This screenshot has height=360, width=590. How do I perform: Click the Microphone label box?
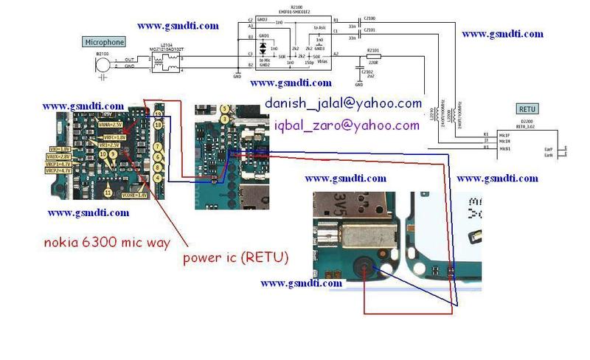(x=104, y=42)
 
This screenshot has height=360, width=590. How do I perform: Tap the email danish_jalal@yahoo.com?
(x=343, y=103)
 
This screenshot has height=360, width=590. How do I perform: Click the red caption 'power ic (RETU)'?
(x=236, y=257)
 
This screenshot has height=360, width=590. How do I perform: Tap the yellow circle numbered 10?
(x=103, y=155)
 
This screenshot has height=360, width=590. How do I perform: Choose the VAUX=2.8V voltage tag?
(x=58, y=156)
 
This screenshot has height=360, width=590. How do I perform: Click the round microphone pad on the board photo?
(x=367, y=269)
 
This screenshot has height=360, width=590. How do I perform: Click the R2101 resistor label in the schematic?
(x=372, y=50)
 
